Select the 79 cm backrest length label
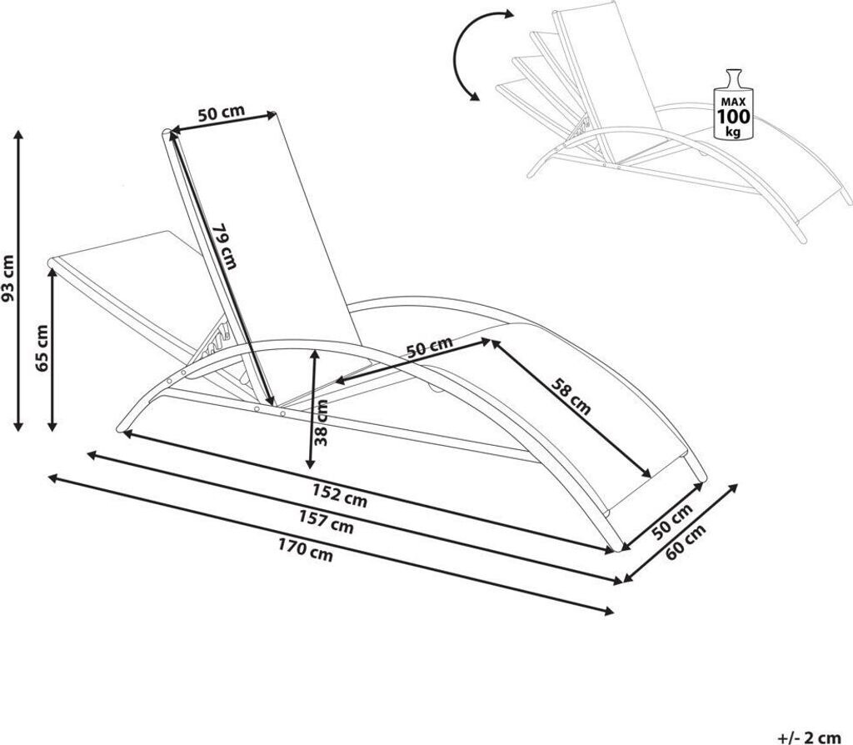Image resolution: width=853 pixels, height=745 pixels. [x=224, y=247]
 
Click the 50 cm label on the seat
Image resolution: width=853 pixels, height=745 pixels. [x=431, y=347]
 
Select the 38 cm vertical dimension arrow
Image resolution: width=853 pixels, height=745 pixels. [x=312, y=408]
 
